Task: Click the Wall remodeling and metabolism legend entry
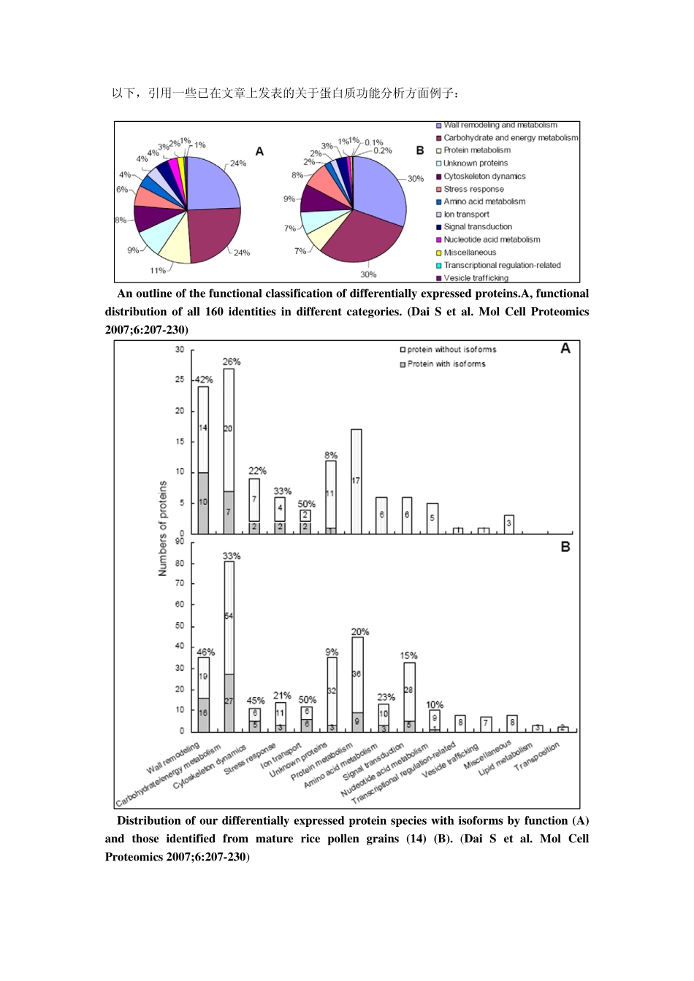[x=500, y=126]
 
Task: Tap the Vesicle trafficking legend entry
[x=475, y=278]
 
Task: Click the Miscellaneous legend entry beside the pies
[x=469, y=253]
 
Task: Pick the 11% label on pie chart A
[x=158, y=271]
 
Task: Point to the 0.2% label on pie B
[x=382, y=150]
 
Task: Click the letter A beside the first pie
[x=259, y=151]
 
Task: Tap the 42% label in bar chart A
[x=203, y=380]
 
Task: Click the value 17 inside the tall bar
[x=356, y=481]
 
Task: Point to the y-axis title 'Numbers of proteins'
[x=163, y=528]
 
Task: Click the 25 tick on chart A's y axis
[x=180, y=380]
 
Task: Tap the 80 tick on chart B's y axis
[x=180, y=563]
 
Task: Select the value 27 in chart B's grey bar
[x=229, y=701]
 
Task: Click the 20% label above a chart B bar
[x=360, y=632]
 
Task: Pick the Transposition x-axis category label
[x=538, y=756]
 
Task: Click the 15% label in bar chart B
[x=409, y=656]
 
